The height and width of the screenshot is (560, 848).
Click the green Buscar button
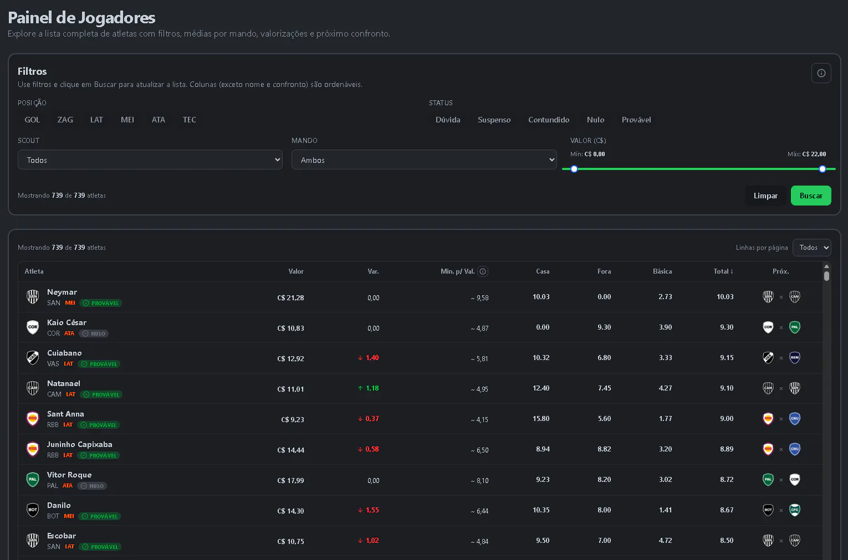[811, 196]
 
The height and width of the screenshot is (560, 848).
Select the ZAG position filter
[65, 120]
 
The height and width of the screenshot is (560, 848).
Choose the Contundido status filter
[549, 120]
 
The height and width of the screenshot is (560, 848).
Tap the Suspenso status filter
[494, 120]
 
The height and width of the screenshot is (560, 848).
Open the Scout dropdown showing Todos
[150, 160]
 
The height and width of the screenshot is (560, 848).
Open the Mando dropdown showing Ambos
[424, 160]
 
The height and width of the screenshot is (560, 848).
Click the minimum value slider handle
[574, 169]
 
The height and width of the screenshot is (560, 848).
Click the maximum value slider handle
[823, 169]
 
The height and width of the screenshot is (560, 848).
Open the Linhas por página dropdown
[811, 248]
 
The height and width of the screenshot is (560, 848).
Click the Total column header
[723, 271]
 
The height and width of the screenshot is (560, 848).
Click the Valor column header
[295, 271]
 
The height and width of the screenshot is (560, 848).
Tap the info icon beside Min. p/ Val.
[483, 271]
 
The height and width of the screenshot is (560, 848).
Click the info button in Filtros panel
[821, 73]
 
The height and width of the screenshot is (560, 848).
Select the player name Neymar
[62, 292]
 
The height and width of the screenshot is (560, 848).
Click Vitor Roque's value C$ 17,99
[290, 481]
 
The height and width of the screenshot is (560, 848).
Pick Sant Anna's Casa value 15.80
[541, 419]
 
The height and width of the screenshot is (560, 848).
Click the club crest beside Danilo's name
[33, 510]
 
